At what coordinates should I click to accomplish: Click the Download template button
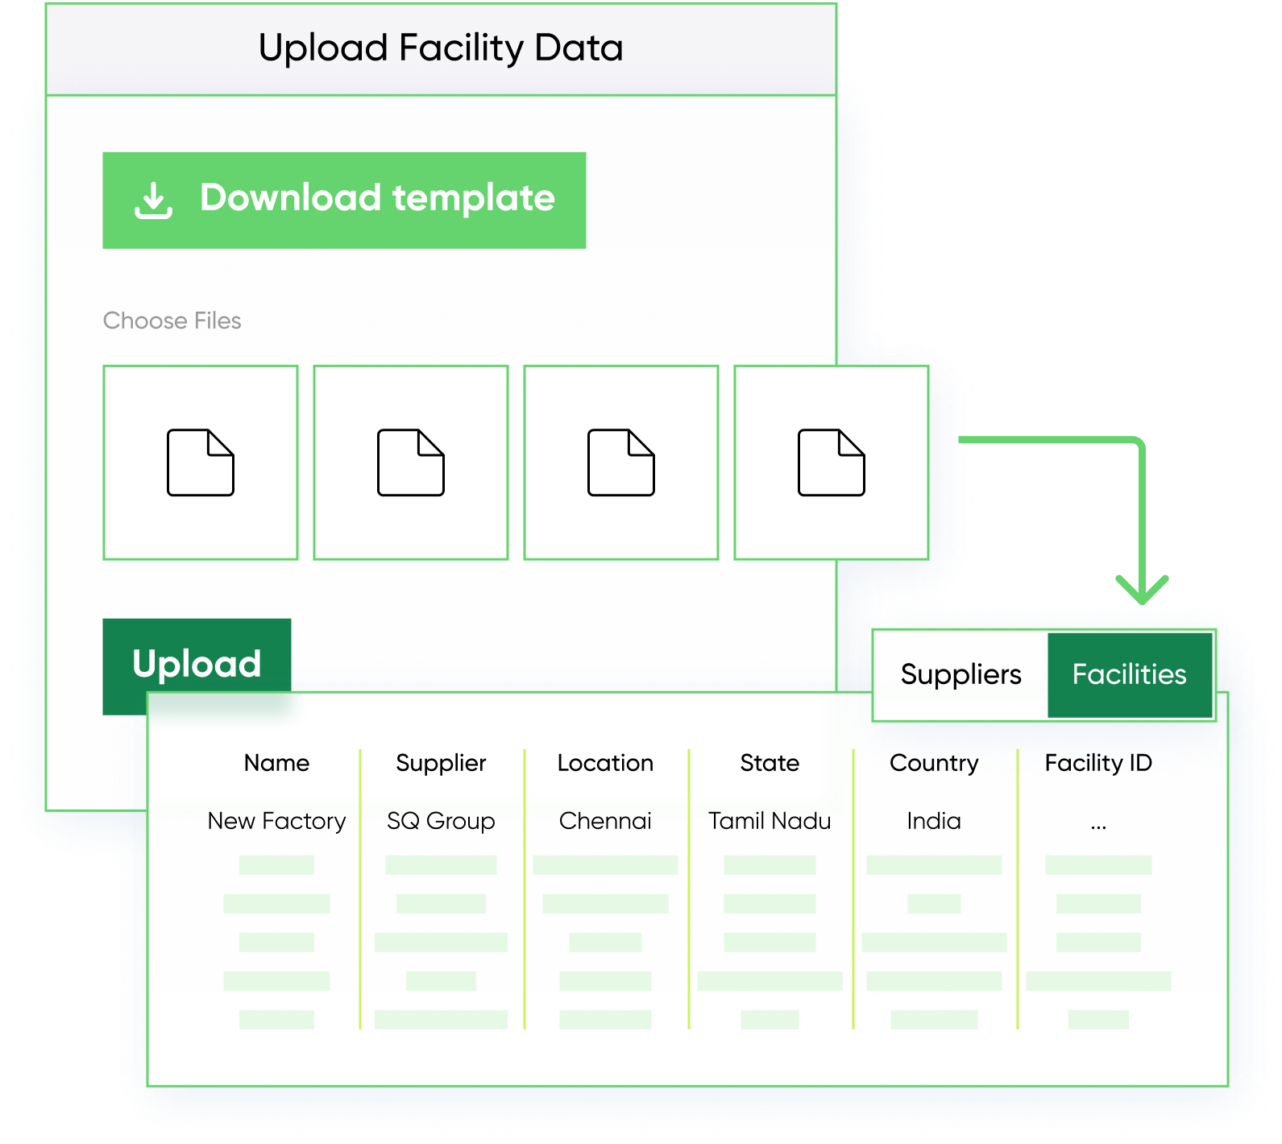pos(344,200)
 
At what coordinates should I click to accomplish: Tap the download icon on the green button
pos(153,200)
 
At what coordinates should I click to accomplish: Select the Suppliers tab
pos(960,674)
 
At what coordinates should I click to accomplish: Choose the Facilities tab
pos(1130,674)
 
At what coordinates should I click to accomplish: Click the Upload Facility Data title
pos(441,48)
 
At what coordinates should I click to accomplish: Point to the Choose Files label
pos(172,321)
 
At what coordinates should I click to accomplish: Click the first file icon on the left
pos(201,462)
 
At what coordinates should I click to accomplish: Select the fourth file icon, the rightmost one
pos(832,462)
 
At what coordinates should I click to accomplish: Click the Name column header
pos(276,763)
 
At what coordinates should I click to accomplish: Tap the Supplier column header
pos(441,764)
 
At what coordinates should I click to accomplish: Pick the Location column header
pos(605,763)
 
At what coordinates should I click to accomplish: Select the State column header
pos(770,763)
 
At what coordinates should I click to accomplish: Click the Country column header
pos(934,764)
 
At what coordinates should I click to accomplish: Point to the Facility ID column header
pos(1098,764)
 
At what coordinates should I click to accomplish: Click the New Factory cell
pos(276,821)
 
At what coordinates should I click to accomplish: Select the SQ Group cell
pos(441,822)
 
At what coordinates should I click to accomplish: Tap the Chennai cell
pos(605,821)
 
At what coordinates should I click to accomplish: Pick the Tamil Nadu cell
pos(770,821)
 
